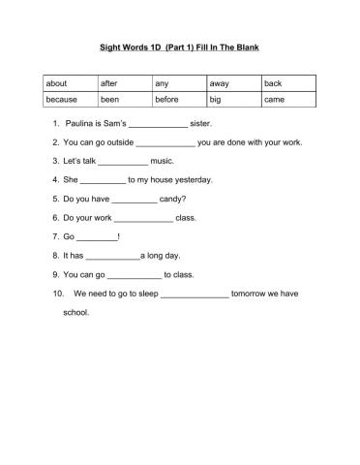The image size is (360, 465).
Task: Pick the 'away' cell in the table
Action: pyautogui.click(x=219, y=84)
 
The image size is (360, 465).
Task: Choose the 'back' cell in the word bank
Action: pyautogui.click(x=273, y=84)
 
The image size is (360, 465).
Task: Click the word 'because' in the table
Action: pyautogui.click(x=63, y=100)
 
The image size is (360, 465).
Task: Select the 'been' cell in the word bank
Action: pyautogui.click(x=110, y=100)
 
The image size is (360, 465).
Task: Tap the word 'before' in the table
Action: pyautogui.click(x=167, y=100)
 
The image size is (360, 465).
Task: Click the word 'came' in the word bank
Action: pyautogui.click(x=274, y=100)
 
